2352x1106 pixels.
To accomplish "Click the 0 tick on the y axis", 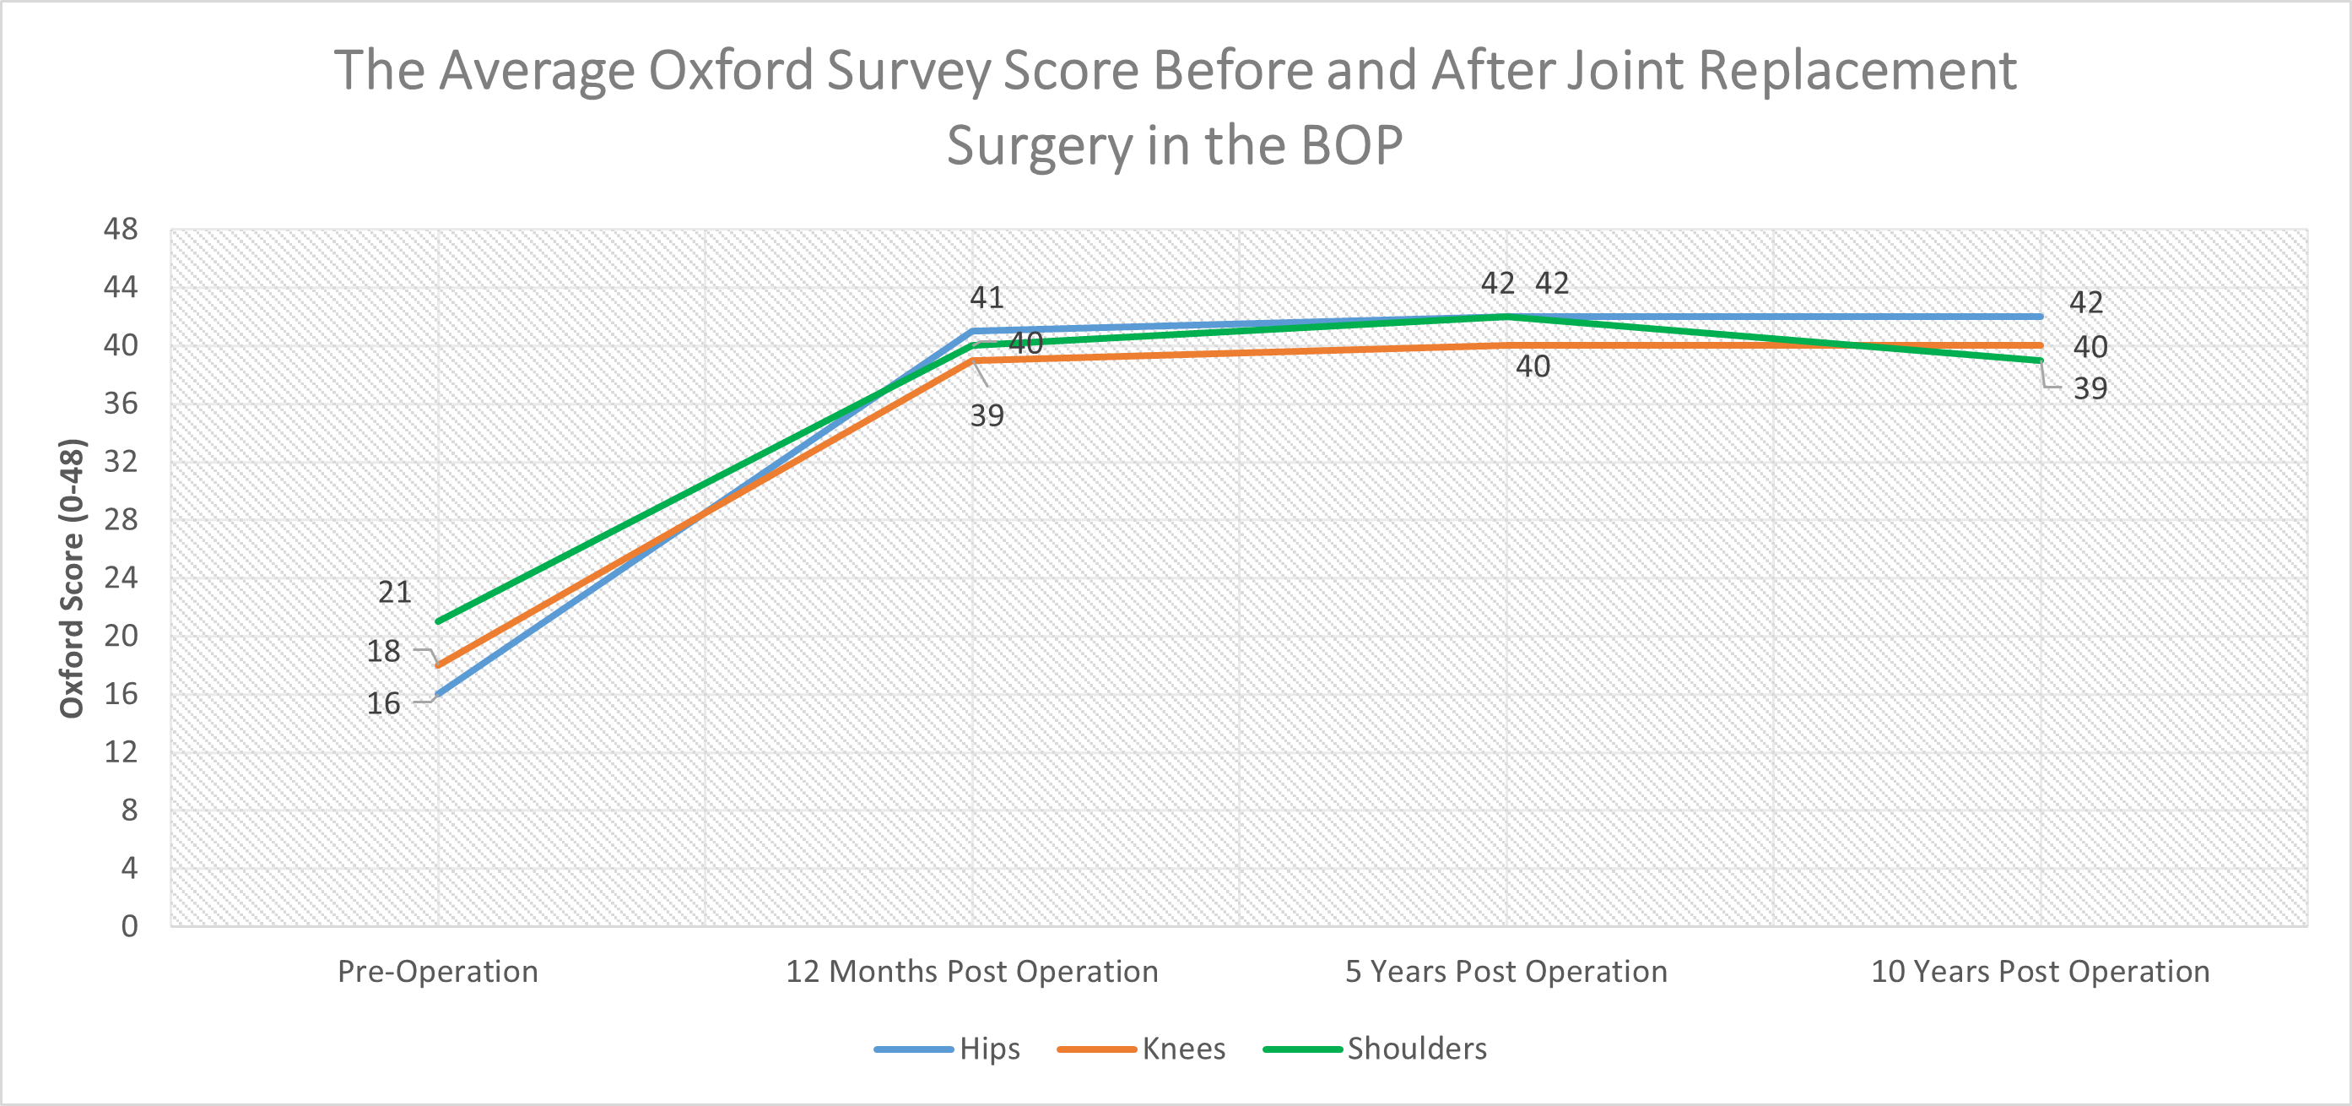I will pos(130,926).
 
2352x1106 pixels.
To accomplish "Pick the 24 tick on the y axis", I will pos(121,577).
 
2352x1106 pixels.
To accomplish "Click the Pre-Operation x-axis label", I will pos(437,971).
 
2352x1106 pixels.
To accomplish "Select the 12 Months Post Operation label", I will pos(971,971).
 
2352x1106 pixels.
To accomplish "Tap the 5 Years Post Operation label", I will pos(1506,971).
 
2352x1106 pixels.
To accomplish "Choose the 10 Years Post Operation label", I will pos(2040,971).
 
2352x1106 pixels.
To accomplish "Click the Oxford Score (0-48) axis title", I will pos(72,578).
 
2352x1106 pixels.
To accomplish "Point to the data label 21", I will pos(394,592).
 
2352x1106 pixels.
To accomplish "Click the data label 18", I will pos(383,651).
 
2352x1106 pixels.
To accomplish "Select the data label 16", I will pos(383,703).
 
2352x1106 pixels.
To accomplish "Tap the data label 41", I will pos(986,298).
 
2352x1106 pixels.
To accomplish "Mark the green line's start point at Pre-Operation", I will pos(439,621).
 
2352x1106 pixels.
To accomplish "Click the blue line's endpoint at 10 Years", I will pos(2040,317).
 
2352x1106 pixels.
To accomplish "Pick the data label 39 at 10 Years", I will pos(2090,389).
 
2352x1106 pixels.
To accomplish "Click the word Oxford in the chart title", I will pos(731,70).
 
